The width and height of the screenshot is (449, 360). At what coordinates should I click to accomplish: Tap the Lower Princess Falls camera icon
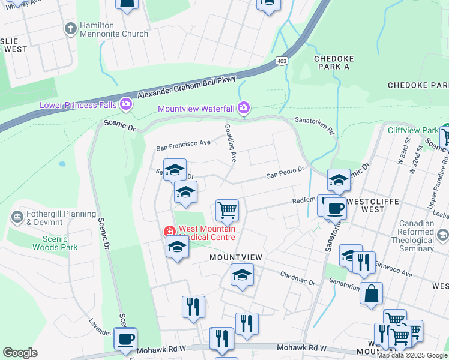pyautogui.click(x=126, y=105)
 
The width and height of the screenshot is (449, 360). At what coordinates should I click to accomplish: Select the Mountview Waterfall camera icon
pyautogui.click(x=244, y=109)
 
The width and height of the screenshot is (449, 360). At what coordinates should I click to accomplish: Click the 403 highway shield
pyautogui.click(x=282, y=61)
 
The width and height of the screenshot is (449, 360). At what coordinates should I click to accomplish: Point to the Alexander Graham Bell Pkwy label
pyautogui.click(x=187, y=88)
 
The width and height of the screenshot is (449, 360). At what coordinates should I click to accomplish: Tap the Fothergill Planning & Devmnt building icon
pyautogui.click(x=17, y=215)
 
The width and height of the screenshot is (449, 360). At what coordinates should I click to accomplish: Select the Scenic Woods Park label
pyautogui.click(x=55, y=242)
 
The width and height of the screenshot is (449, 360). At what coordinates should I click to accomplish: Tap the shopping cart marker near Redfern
pyautogui.click(x=227, y=211)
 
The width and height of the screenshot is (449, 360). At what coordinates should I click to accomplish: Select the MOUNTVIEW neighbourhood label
pyautogui.click(x=236, y=257)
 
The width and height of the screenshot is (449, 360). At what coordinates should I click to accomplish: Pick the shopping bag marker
pyautogui.click(x=372, y=293)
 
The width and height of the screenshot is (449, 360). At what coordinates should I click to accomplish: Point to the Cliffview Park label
pyautogui.click(x=413, y=130)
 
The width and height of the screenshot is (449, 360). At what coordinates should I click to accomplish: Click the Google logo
pyautogui.click(x=20, y=353)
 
